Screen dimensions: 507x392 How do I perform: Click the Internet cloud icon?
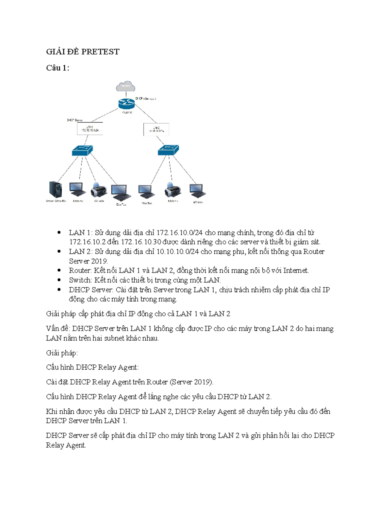click(125, 86)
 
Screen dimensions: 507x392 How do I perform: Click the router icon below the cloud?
click(126, 103)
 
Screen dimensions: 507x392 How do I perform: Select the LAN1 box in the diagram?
click(90, 129)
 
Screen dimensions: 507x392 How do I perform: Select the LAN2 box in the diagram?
click(156, 130)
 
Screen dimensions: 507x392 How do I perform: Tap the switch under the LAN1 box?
click(82, 151)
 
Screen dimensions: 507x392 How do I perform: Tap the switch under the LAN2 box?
click(168, 150)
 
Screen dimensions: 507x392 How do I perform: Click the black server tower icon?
click(55, 189)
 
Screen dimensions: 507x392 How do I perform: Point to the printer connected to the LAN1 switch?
click(99, 190)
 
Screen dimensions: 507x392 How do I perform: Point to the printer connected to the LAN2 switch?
click(173, 190)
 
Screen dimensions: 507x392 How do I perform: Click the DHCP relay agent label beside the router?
click(146, 99)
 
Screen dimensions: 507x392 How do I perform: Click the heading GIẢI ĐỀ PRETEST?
click(83, 52)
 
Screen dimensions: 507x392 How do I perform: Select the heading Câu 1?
click(57, 68)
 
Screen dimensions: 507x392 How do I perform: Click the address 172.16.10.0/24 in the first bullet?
click(179, 233)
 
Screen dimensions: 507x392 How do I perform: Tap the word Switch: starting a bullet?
click(80, 280)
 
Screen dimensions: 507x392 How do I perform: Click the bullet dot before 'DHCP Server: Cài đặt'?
click(59, 290)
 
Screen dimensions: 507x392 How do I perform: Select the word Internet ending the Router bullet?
click(295, 271)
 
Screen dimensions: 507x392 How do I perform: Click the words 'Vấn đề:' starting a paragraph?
click(58, 328)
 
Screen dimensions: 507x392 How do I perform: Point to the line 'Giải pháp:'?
click(62, 353)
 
